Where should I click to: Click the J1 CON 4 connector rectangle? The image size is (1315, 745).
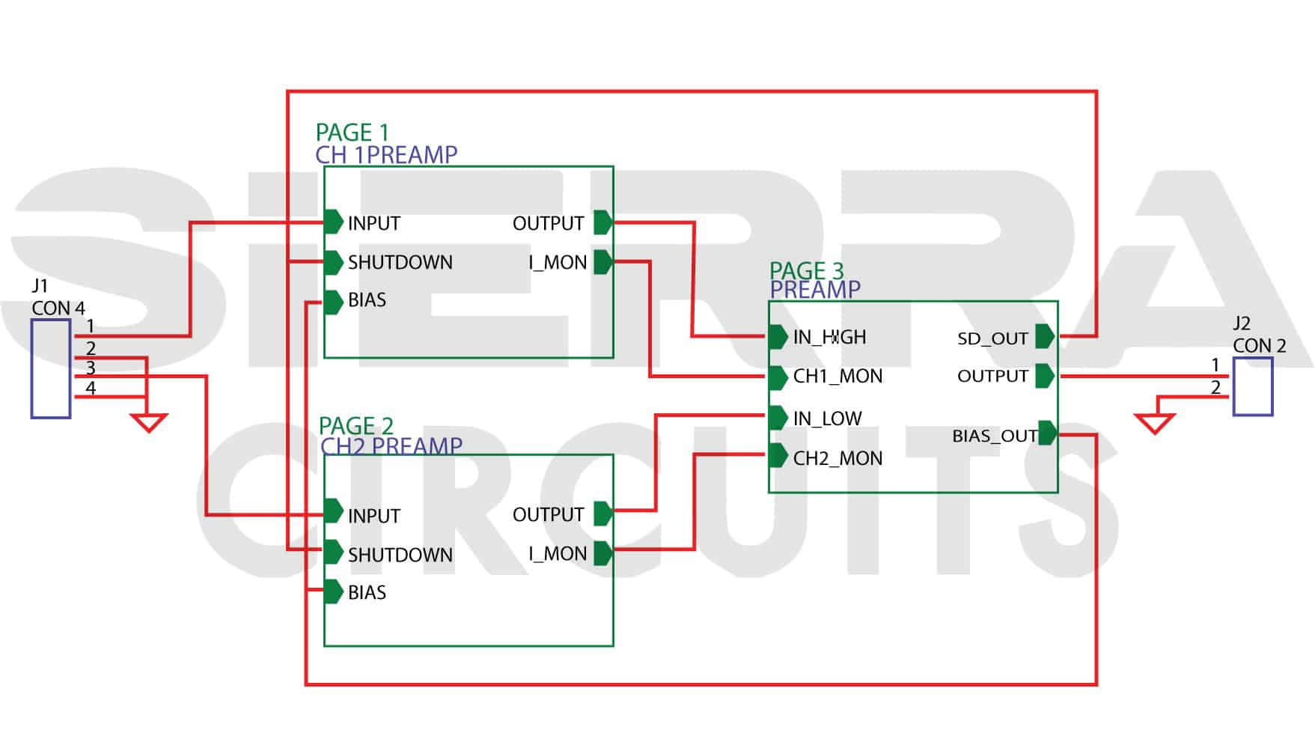click(51, 368)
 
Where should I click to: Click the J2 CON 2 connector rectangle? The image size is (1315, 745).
click(1253, 386)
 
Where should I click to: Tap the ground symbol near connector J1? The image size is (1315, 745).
click(148, 423)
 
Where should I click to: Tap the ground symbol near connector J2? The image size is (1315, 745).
click(1154, 425)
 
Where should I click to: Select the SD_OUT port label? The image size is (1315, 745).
click(992, 338)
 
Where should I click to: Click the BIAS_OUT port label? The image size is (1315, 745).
click(994, 436)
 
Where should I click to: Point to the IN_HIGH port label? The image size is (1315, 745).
click(829, 338)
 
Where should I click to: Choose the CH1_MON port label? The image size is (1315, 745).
click(837, 377)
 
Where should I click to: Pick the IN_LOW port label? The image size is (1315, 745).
click(827, 419)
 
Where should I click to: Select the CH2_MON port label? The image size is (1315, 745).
click(837, 458)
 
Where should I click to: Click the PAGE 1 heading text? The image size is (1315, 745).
click(352, 133)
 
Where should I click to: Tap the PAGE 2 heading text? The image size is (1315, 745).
click(356, 426)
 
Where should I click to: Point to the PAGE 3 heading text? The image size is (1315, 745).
click(806, 270)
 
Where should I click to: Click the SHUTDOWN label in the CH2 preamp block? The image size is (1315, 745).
click(400, 555)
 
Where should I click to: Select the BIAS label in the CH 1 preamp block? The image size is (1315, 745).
click(367, 300)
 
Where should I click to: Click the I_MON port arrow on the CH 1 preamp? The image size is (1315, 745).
click(603, 262)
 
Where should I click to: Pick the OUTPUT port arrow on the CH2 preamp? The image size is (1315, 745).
click(603, 514)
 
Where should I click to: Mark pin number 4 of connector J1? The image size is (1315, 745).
click(91, 388)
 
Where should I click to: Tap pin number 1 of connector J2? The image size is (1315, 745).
click(1215, 365)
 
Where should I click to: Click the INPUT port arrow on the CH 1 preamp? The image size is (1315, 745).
click(334, 222)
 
